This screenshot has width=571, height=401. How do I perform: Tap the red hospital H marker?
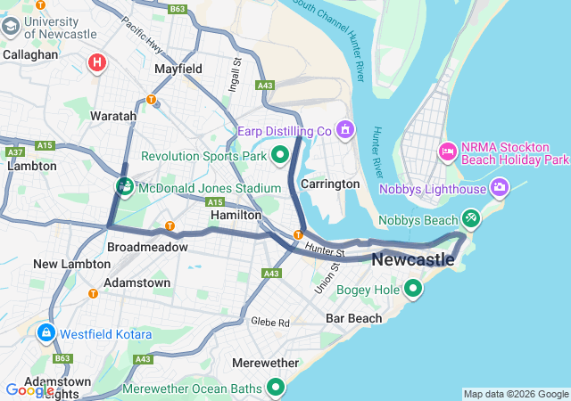tap(97, 62)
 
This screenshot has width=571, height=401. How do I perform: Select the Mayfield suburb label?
tap(178, 69)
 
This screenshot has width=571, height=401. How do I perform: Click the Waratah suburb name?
tap(113, 116)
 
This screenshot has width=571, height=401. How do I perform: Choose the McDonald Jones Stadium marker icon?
tap(124, 187)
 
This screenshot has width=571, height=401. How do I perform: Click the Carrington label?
tap(330, 184)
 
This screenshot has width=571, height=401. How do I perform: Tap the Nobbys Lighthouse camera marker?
tap(499, 188)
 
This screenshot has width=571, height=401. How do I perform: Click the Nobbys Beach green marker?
tap(471, 218)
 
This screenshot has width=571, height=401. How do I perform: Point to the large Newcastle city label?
tap(412, 260)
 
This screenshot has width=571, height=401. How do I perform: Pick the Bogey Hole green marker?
tap(413, 289)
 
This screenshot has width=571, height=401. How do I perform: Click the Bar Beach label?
tap(353, 318)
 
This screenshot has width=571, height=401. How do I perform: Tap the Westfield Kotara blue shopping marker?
tap(45, 334)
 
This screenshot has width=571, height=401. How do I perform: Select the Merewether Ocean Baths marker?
tap(276, 388)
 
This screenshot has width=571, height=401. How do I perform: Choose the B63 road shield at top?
tap(178, 9)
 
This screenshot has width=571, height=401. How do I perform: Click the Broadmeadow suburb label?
tap(147, 247)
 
